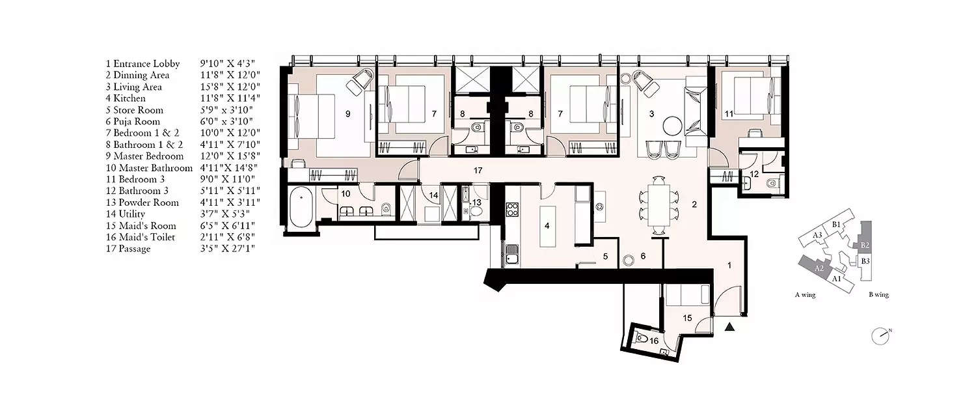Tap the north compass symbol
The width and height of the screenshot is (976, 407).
pos(880,335)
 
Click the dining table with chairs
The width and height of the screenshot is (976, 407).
pos(658,204)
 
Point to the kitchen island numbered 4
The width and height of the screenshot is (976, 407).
pos(548,225)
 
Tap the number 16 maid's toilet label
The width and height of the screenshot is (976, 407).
pos(654,340)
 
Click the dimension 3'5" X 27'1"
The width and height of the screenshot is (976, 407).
pos(228,249)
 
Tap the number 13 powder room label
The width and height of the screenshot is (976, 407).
pos(476,203)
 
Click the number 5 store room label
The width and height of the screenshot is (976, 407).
pos(605,257)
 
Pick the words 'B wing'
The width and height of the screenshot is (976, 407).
pos(878,295)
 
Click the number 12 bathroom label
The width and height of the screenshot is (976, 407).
pos(754,174)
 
